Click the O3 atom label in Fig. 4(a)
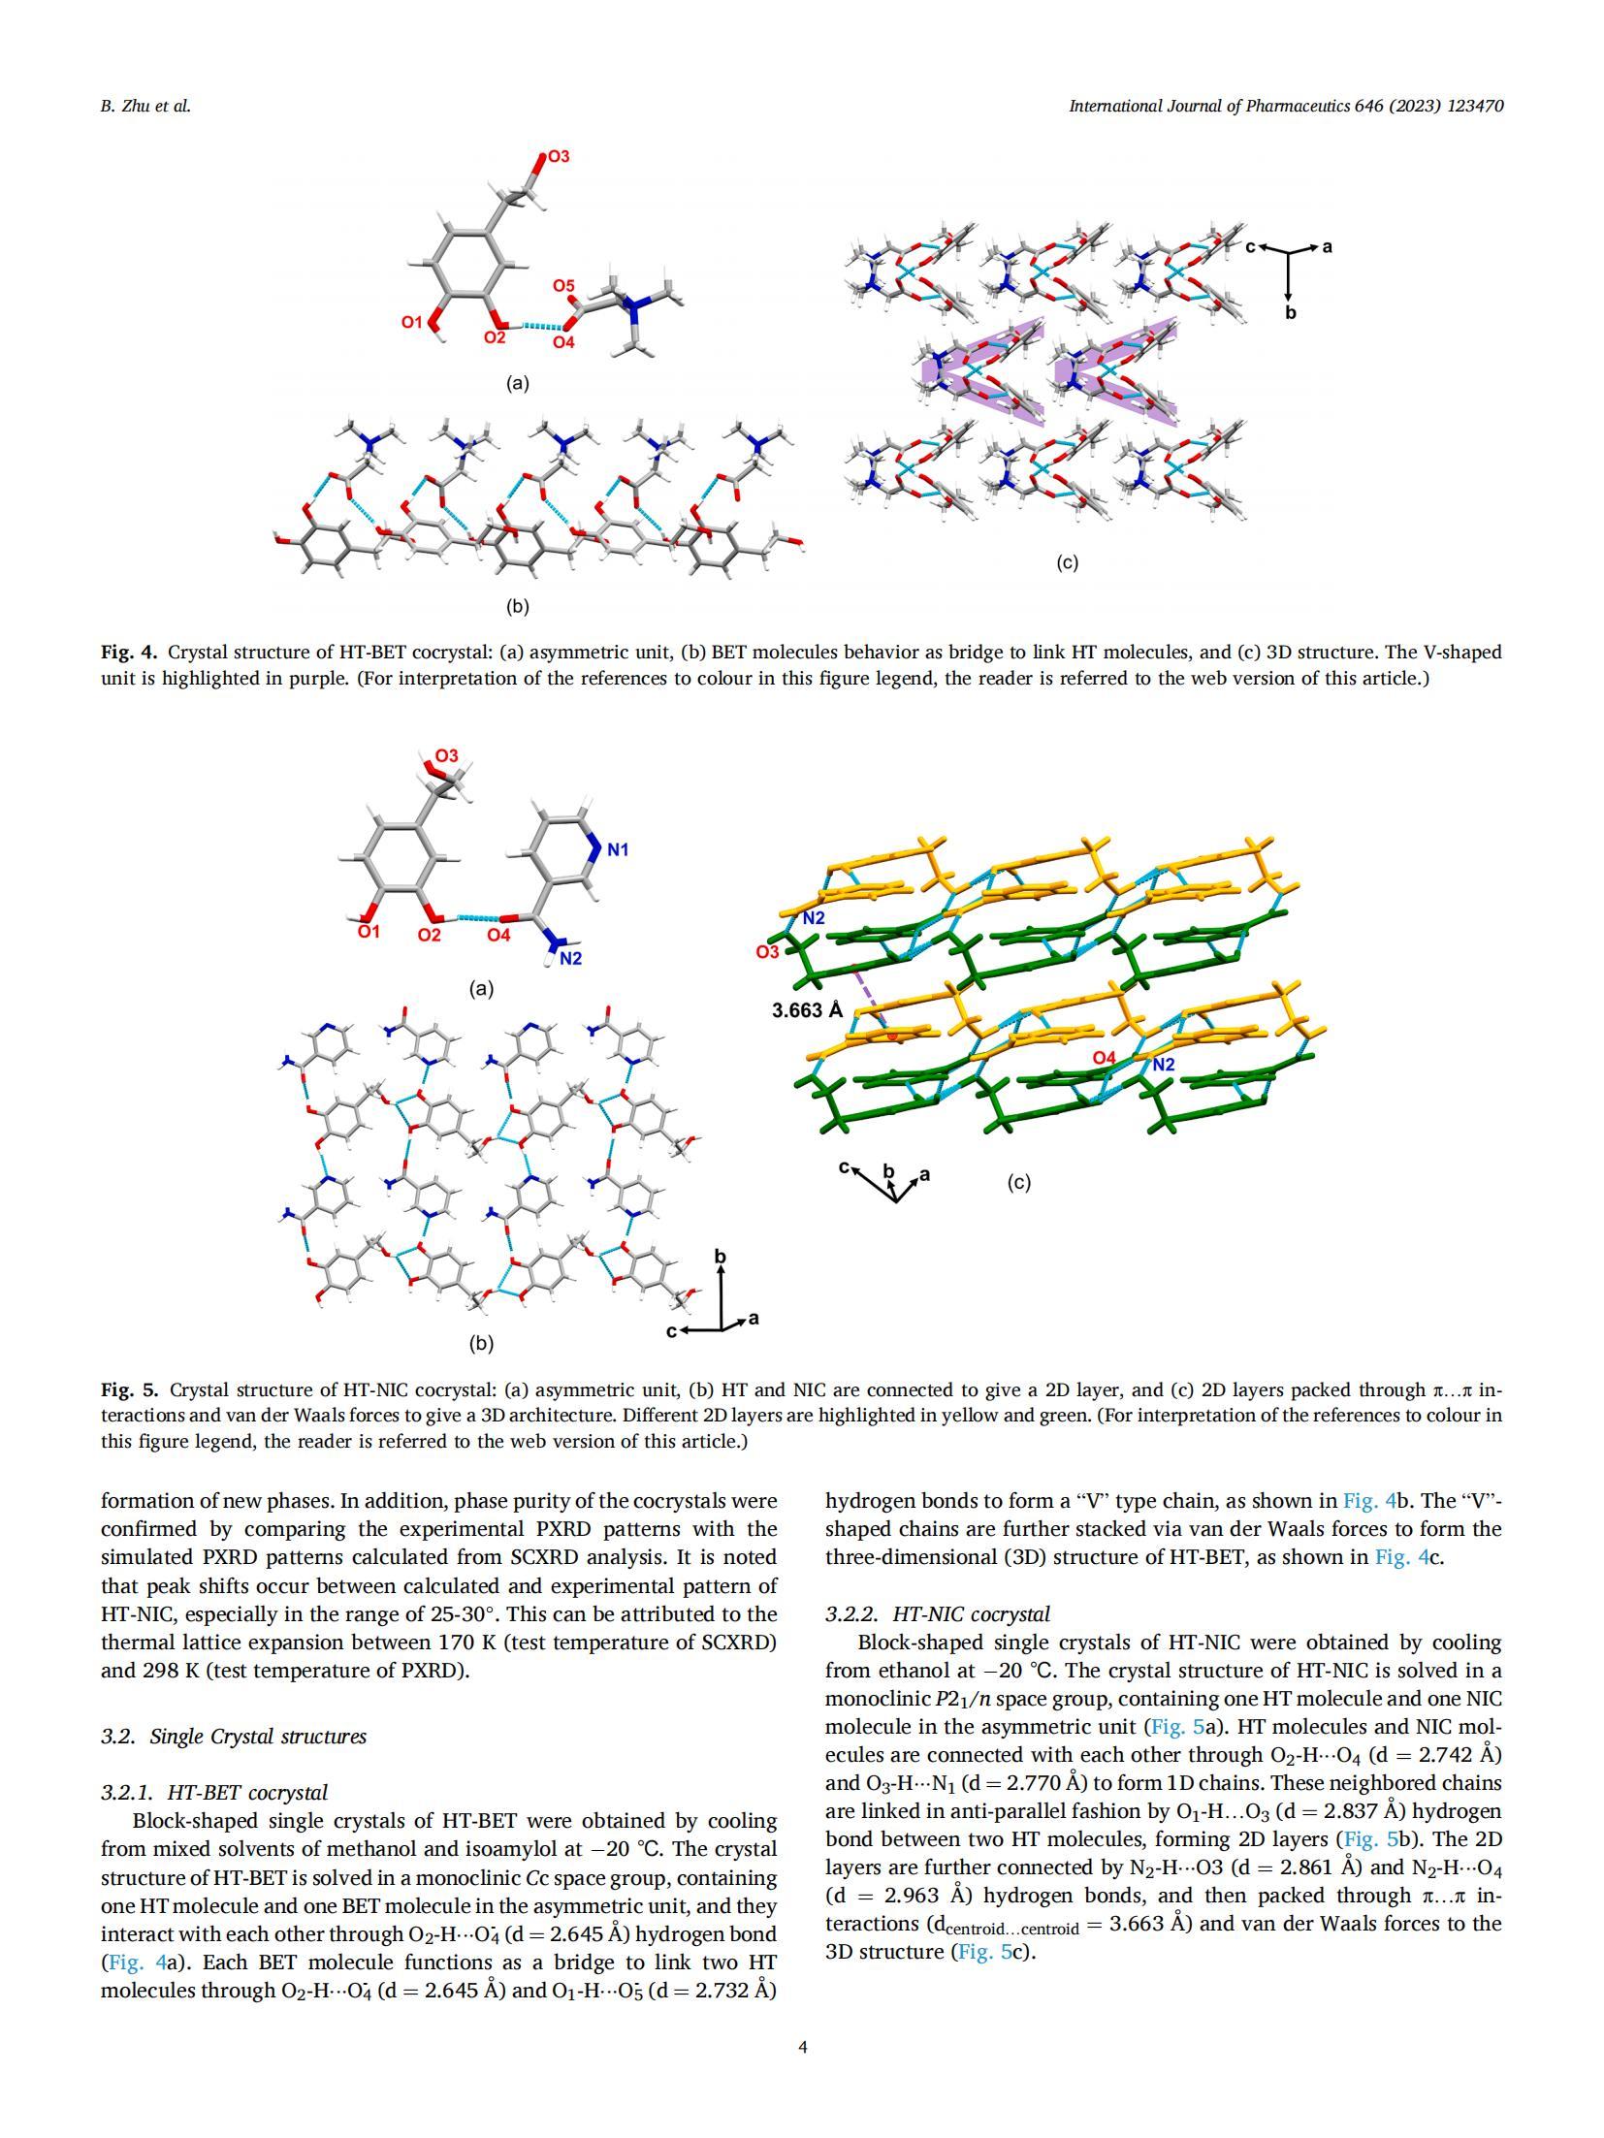point(559,156)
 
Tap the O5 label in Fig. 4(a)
point(563,286)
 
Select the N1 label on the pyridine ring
point(618,849)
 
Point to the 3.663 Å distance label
point(807,1010)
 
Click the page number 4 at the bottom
point(802,2047)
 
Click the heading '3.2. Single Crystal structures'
point(233,1737)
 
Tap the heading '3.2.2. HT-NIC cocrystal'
point(937,1614)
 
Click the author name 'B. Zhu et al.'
point(145,107)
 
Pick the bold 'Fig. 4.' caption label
point(129,653)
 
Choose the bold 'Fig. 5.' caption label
point(129,1390)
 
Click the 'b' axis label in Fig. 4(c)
point(1290,313)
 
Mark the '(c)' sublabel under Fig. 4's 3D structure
point(1067,562)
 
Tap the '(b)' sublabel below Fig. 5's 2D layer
point(481,1343)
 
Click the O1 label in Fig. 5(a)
point(369,932)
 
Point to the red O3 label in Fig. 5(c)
point(767,952)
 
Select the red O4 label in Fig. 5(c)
point(1105,1058)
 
